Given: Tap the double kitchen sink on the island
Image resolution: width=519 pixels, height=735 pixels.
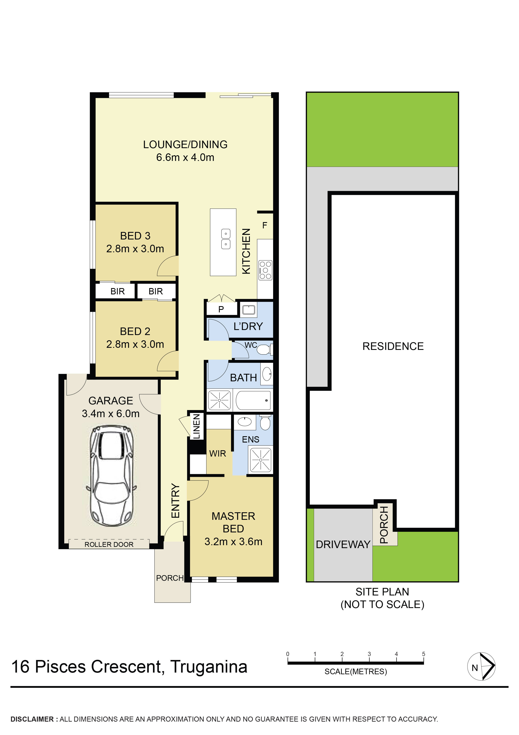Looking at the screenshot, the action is tap(226, 239).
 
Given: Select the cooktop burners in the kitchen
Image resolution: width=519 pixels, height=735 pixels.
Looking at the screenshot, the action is tap(265, 270).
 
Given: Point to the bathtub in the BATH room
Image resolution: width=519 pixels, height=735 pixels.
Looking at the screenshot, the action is tap(253, 400).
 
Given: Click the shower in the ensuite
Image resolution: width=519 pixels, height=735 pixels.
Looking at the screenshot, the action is tap(261, 460).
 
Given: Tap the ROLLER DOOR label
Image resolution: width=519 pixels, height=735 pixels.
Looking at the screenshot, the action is tap(109, 545).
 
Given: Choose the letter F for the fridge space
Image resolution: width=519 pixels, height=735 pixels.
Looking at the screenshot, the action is tap(265, 225).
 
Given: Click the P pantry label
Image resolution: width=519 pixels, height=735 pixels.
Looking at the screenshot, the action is tap(221, 309).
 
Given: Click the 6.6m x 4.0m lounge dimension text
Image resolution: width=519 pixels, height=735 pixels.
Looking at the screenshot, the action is tap(185, 158).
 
